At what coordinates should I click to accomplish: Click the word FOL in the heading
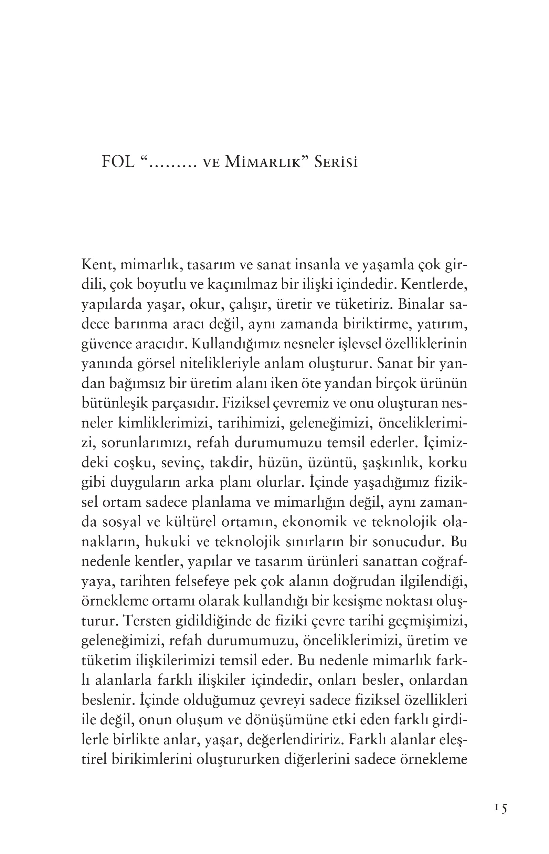[x=118, y=162]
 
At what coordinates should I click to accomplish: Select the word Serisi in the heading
[x=336, y=162]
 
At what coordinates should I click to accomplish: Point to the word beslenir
[x=106, y=700]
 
